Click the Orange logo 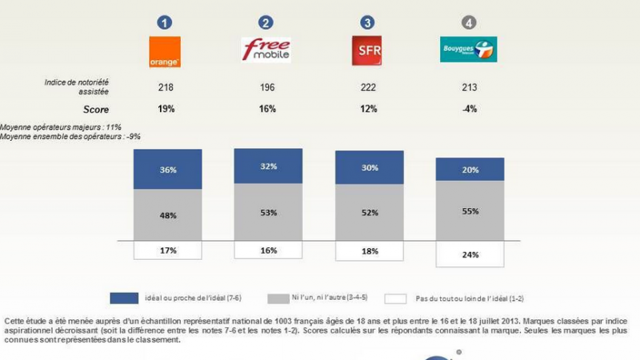[x=166, y=52]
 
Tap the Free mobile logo [x=266, y=50]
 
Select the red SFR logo [x=368, y=51]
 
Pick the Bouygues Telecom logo [x=469, y=51]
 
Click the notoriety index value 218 [x=166, y=86]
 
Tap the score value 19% [x=166, y=109]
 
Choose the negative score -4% [x=470, y=109]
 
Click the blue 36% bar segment [x=166, y=170]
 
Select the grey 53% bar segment [x=268, y=212]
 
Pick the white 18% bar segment [x=370, y=250]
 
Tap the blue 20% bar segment [x=470, y=170]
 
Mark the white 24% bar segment [x=470, y=254]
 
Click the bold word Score [x=96, y=109]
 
